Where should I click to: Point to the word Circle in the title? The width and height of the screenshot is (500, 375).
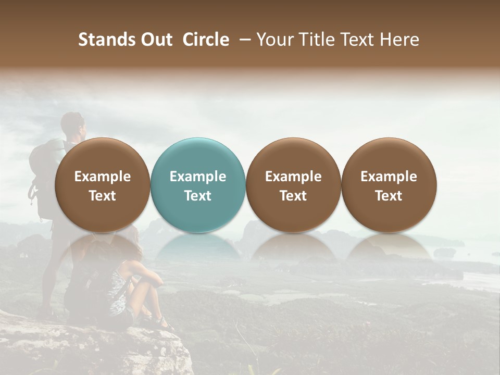[x=206, y=40]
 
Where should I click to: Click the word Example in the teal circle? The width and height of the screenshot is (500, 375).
[x=198, y=177]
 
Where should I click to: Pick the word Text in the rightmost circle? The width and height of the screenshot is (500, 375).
[x=389, y=196]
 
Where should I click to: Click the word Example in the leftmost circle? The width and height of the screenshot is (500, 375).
[x=103, y=177]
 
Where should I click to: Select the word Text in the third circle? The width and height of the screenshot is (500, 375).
[x=293, y=196]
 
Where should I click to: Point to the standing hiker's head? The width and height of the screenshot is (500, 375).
[x=72, y=124]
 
